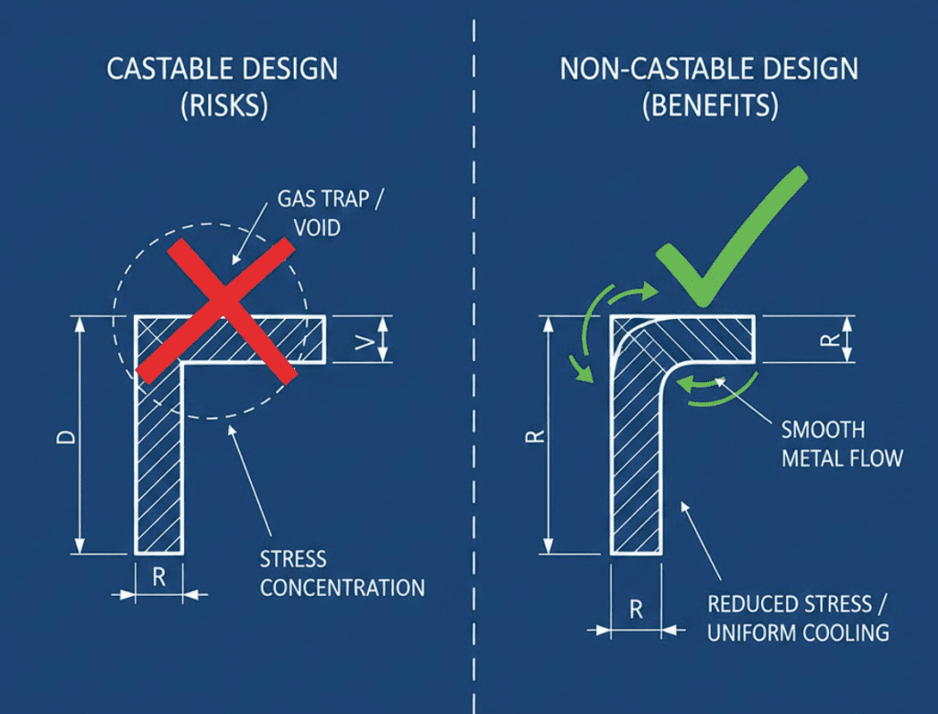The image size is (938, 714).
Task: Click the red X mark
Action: pyautogui.click(x=216, y=309)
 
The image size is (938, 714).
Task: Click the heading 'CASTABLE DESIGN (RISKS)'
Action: pyautogui.click(x=223, y=87)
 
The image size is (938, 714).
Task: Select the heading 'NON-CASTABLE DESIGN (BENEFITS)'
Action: pyautogui.click(x=710, y=87)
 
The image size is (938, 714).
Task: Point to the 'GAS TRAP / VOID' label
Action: pyautogui.click(x=310, y=213)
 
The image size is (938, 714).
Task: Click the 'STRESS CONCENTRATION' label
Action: pyautogui.click(x=342, y=574)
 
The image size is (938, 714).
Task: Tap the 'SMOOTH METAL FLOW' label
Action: pyautogui.click(x=841, y=444)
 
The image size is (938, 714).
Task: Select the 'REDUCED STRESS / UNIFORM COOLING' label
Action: pyautogui.click(x=798, y=619)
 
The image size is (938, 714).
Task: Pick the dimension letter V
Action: pyautogui.click(x=365, y=340)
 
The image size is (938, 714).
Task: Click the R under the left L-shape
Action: pyautogui.click(x=158, y=578)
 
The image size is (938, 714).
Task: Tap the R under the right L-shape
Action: pyautogui.click(x=637, y=609)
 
